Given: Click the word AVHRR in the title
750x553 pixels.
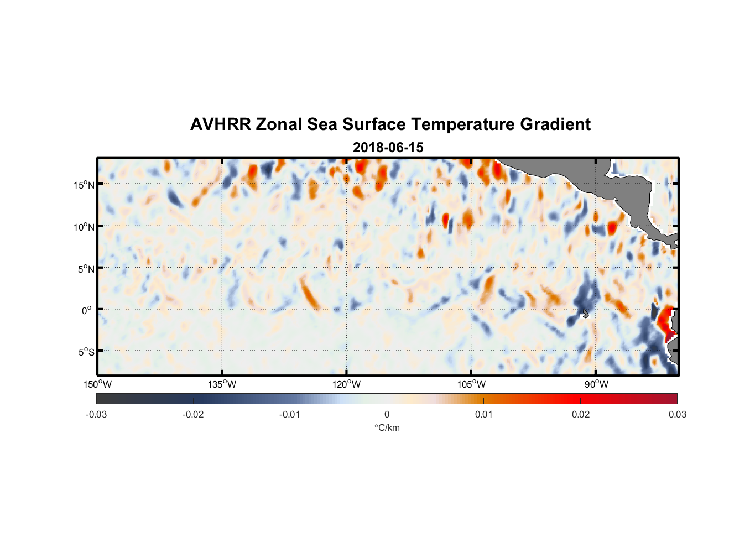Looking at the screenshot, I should coord(220,124).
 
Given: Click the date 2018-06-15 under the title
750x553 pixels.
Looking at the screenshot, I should coord(388,147).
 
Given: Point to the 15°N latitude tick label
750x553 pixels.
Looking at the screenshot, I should coord(84,185).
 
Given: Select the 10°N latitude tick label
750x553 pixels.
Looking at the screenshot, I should coord(84,227).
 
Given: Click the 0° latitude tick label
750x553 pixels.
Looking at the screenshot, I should coord(87,310).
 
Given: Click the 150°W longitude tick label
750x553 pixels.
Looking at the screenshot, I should coord(97,384).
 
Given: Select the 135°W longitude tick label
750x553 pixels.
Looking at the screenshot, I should coord(222,384).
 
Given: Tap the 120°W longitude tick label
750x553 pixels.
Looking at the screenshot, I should coord(346,384).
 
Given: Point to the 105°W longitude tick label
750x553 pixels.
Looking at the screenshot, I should coord(471,384).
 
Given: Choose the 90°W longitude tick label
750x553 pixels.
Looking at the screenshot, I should coord(596,384).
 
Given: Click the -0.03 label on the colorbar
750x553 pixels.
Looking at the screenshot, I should coord(96,414).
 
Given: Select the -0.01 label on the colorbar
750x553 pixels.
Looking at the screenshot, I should coord(290,414).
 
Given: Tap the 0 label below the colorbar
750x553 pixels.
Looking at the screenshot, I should coord(387,414).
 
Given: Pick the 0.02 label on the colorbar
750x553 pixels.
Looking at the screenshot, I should coord(581,414).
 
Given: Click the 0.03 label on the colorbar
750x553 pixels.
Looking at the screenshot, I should coord(677,414).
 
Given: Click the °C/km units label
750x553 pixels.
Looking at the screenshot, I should coord(387,427).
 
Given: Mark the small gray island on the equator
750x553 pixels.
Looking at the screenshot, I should coord(585,313).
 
